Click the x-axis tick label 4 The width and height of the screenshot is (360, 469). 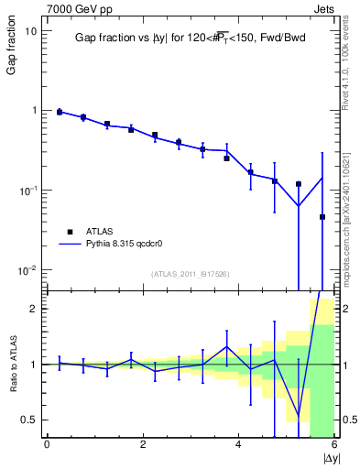click(239, 445)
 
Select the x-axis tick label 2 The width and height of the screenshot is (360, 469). click(143, 445)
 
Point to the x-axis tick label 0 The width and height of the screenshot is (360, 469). click(47, 445)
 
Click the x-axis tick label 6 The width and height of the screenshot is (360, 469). click(335, 445)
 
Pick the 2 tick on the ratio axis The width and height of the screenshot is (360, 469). click(35, 309)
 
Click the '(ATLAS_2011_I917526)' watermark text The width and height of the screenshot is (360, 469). click(191, 274)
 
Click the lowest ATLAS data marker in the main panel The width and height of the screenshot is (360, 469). click(322, 217)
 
